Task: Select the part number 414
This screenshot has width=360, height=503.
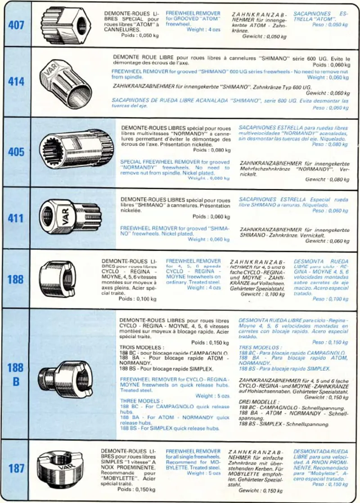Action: click(x=16, y=82)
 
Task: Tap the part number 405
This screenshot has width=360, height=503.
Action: click(x=16, y=152)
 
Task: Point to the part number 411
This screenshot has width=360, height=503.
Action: click(x=16, y=218)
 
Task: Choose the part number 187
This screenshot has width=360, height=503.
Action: click(x=16, y=468)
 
